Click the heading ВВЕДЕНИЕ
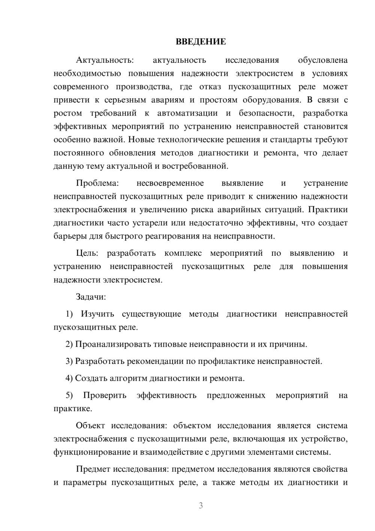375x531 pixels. click(x=201, y=42)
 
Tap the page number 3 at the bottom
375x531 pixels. click(x=201, y=505)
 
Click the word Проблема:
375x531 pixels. click(x=97, y=183)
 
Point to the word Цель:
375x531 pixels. click(x=87, y=253)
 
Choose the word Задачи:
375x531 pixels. click(x=91, y=297)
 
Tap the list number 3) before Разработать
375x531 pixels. click(x=69, y=361)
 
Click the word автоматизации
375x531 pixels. click(x=187, y=113)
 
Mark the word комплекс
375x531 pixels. click(x=183, y=253)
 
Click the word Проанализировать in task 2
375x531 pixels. click(x=113, y=344)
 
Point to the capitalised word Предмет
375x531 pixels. click(x=93, y=469)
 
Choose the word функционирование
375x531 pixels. click(x=91, y=452)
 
